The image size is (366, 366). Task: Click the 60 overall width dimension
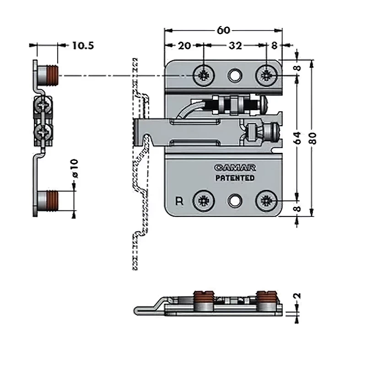point(223,30)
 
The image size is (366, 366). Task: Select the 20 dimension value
point(184,46)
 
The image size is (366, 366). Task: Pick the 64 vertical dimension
point(297,138)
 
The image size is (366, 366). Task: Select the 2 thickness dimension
point(298,296)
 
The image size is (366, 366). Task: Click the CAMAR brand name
point(233,168)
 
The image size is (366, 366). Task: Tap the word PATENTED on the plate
point(235,178)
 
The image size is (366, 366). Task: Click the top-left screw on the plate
point(203,75)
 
